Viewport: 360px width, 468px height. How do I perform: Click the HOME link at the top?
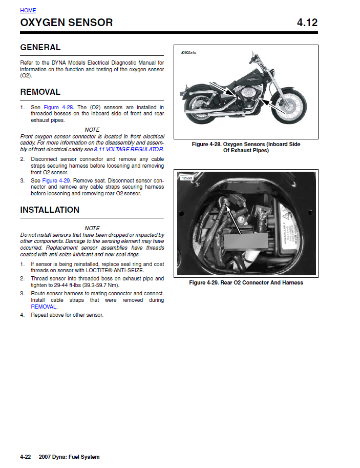28,10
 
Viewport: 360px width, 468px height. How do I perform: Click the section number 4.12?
307,23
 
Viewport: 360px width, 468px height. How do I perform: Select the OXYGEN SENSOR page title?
67,23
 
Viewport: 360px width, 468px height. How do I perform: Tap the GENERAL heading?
40,48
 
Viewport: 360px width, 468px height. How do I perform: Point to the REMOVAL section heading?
40,92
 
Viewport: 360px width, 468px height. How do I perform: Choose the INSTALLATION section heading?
50,210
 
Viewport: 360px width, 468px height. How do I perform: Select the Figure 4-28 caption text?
246,148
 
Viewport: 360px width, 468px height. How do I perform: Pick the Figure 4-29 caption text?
246,282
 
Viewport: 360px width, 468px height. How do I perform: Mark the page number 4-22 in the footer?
26,457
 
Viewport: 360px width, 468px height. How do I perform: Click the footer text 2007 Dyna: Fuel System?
69,457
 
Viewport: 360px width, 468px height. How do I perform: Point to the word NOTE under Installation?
92,228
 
